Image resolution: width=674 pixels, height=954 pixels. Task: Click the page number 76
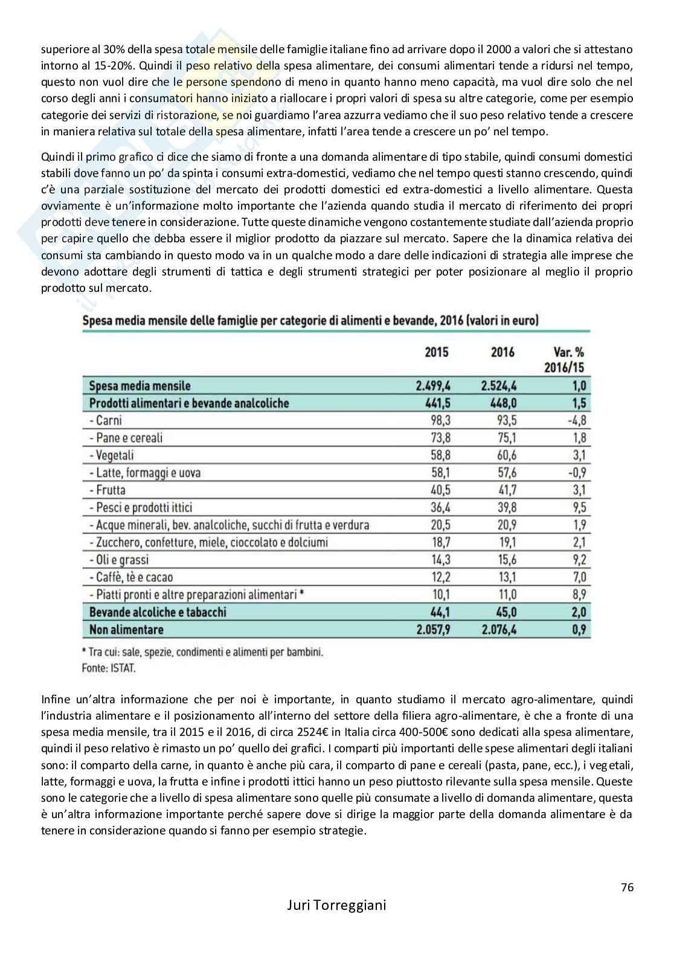point(626,888)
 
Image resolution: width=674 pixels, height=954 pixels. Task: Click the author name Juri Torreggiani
point(336,923)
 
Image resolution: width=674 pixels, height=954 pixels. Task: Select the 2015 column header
point(437,352)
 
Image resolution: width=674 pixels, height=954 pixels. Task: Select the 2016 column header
point(502,352)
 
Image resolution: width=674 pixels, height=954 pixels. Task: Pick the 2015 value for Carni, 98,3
point(439,421)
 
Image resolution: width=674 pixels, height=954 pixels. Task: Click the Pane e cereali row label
point(125,438)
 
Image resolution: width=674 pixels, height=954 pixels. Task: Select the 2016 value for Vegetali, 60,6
point(505,455)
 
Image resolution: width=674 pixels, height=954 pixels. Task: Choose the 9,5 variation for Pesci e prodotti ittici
point(578,508)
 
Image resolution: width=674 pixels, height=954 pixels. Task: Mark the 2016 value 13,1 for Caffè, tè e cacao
point(505,577)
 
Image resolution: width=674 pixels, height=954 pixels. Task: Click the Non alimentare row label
point(126,630)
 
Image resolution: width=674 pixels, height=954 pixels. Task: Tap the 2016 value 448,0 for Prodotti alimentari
point(502,403)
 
